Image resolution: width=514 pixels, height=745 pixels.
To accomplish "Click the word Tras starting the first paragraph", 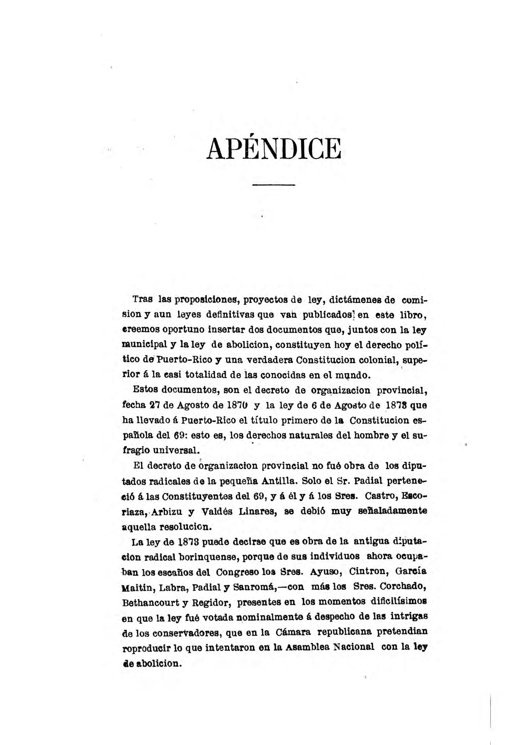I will [143, 299].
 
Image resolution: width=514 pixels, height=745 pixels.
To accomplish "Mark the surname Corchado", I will [403, 586].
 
